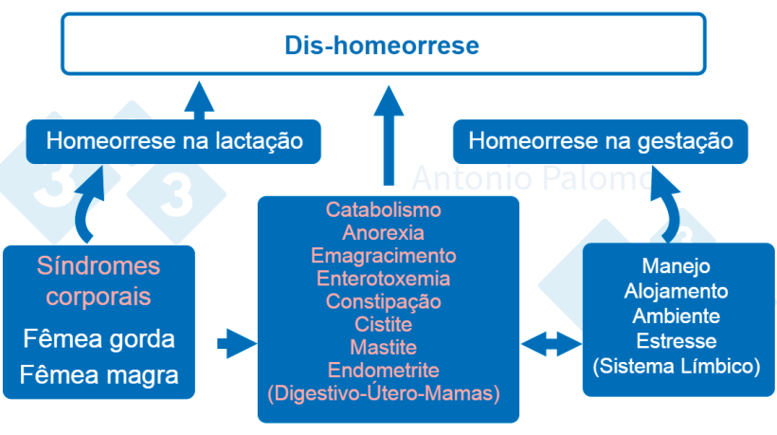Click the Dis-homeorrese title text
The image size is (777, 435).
(383, 45)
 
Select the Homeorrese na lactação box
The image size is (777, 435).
(174, 142)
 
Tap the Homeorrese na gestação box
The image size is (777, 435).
(601, 142)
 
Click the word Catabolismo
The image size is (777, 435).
(383, 209)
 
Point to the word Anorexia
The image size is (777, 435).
(383, 232)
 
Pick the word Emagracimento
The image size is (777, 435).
(383, 256)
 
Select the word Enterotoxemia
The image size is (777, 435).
(383, 279)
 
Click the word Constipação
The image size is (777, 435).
(383, 301)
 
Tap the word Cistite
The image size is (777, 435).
(383, 324)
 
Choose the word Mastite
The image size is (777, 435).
(383, 347)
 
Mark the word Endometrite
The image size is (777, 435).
(383, 370)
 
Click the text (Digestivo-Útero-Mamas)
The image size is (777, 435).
(383, 392)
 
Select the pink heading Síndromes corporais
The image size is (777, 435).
(99, 281)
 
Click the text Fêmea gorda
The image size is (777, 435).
(99, 339)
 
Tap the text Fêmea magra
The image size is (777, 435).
(99, 374)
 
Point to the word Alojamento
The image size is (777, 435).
(676, 291)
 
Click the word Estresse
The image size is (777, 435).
(676, 340)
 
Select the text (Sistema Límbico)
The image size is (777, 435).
(676, 365)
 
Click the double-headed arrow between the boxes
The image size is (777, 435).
(551, 344)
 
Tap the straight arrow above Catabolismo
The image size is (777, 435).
(387, 133)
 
